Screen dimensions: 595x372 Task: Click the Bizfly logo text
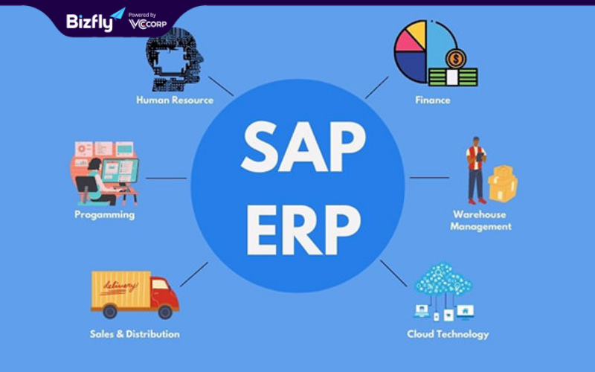[x=89, y=22]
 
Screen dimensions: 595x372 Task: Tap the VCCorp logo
[x=147, y=24]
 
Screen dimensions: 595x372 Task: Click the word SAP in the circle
[x=303, y=147]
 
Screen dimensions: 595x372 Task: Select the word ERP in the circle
[x=303, y=230]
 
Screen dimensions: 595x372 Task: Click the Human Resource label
[x=175, y=100]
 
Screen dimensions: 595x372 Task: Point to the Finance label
[x=433, y=100]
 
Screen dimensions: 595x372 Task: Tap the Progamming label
[x=105, y=215]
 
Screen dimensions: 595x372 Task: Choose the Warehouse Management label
[x=480, y=220]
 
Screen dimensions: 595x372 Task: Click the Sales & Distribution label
[x=135, y=334]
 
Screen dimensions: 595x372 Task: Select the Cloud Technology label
[x=448, y=334]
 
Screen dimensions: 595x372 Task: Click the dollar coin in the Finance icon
[x=455, y=59]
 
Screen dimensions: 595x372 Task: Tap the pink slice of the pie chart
[x=408, y=42]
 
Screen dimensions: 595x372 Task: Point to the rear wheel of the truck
[x=109, y=311]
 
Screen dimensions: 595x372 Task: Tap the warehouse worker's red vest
[x=475, y=158]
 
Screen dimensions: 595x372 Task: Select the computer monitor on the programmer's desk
[x=120, y=171]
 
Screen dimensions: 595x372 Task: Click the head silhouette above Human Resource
[x=174, y=60]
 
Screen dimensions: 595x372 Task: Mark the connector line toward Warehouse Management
[x=430, y=177]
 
